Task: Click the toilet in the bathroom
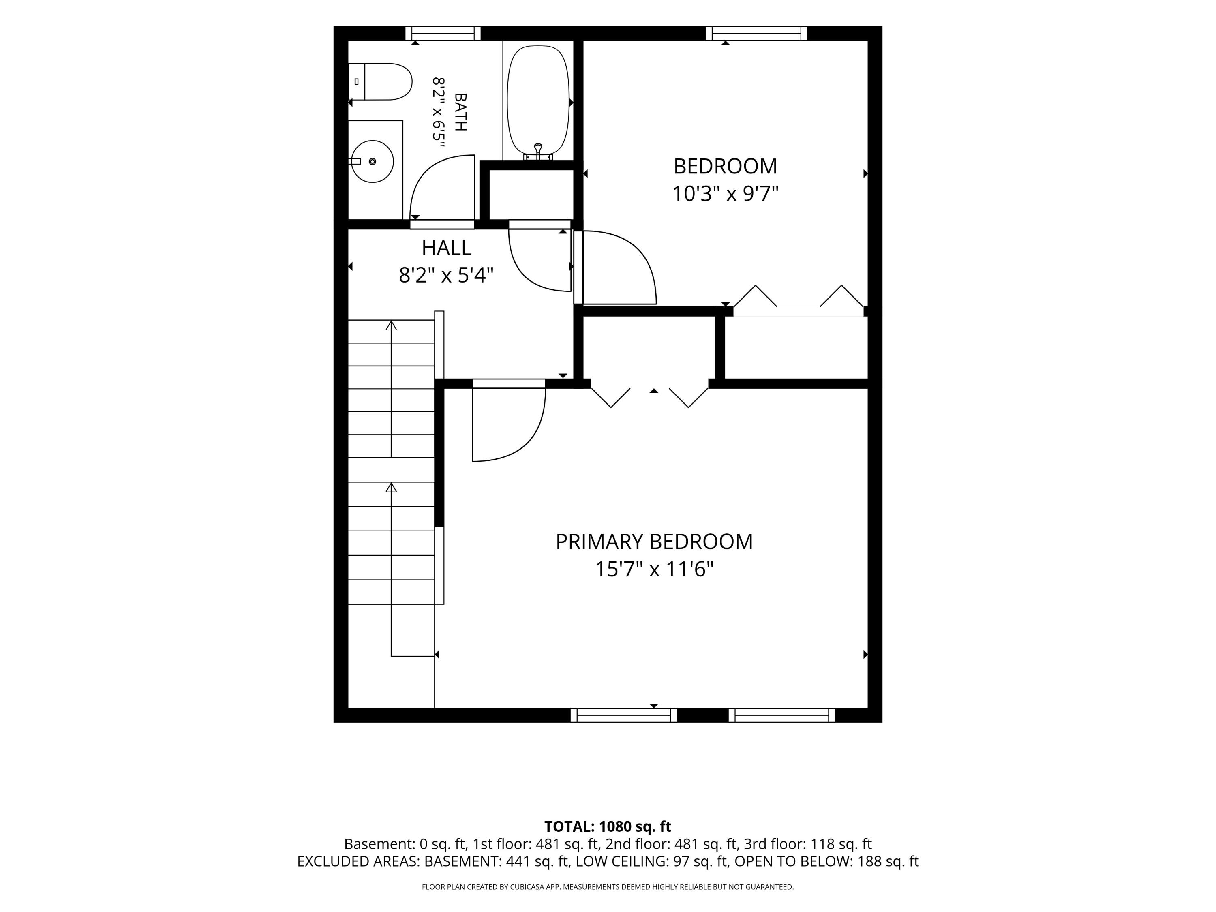point(380,81)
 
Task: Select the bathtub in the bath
point(537,100)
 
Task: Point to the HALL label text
point(446,248)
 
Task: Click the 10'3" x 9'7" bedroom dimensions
point(726,193)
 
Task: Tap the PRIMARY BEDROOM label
point(654,542)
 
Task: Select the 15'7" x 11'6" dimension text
point(654,569)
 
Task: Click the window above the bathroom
point(443,34)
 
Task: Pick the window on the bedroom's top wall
point(756,34)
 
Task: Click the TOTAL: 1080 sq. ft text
point(608,826)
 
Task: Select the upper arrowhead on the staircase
point(391,325)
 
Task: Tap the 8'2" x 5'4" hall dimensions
point(446,275)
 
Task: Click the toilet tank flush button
point(356,81)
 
